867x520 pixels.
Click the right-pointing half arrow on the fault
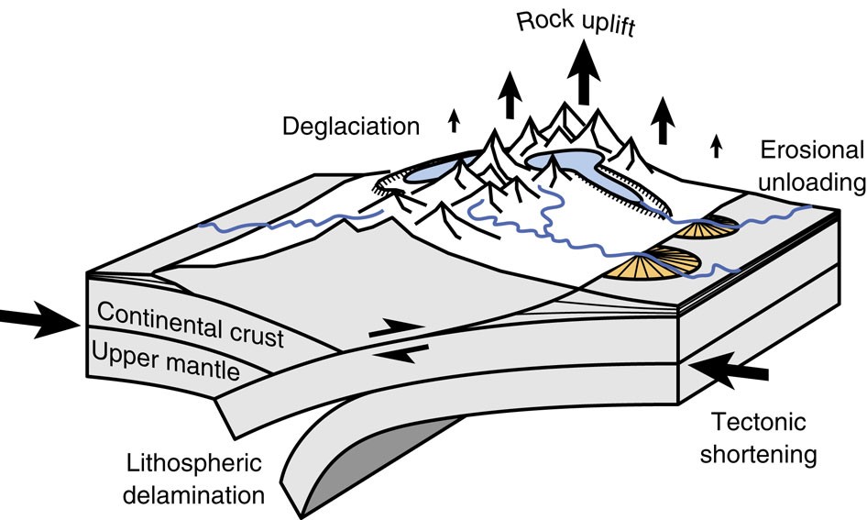click(396, 326)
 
